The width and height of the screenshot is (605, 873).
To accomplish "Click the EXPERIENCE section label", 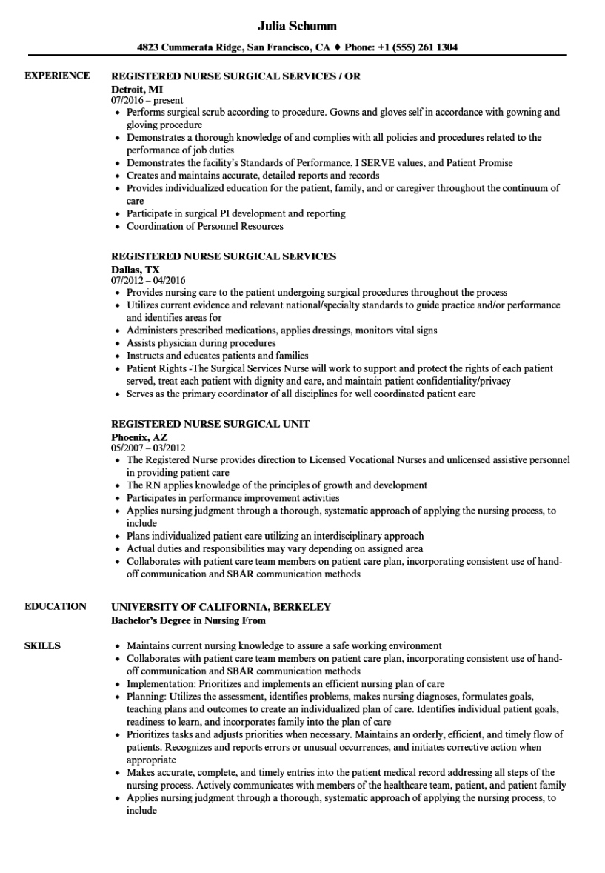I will click(57, 76).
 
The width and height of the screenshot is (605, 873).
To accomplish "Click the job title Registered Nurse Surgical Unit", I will click(210, 423).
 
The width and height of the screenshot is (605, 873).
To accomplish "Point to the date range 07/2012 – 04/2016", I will click(148, 281).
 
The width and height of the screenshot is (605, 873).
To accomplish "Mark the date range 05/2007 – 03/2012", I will click(148, 448).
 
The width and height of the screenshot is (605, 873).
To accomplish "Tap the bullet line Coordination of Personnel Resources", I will click(204, 226).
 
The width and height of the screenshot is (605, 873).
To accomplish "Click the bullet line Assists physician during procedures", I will click(201, 343).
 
